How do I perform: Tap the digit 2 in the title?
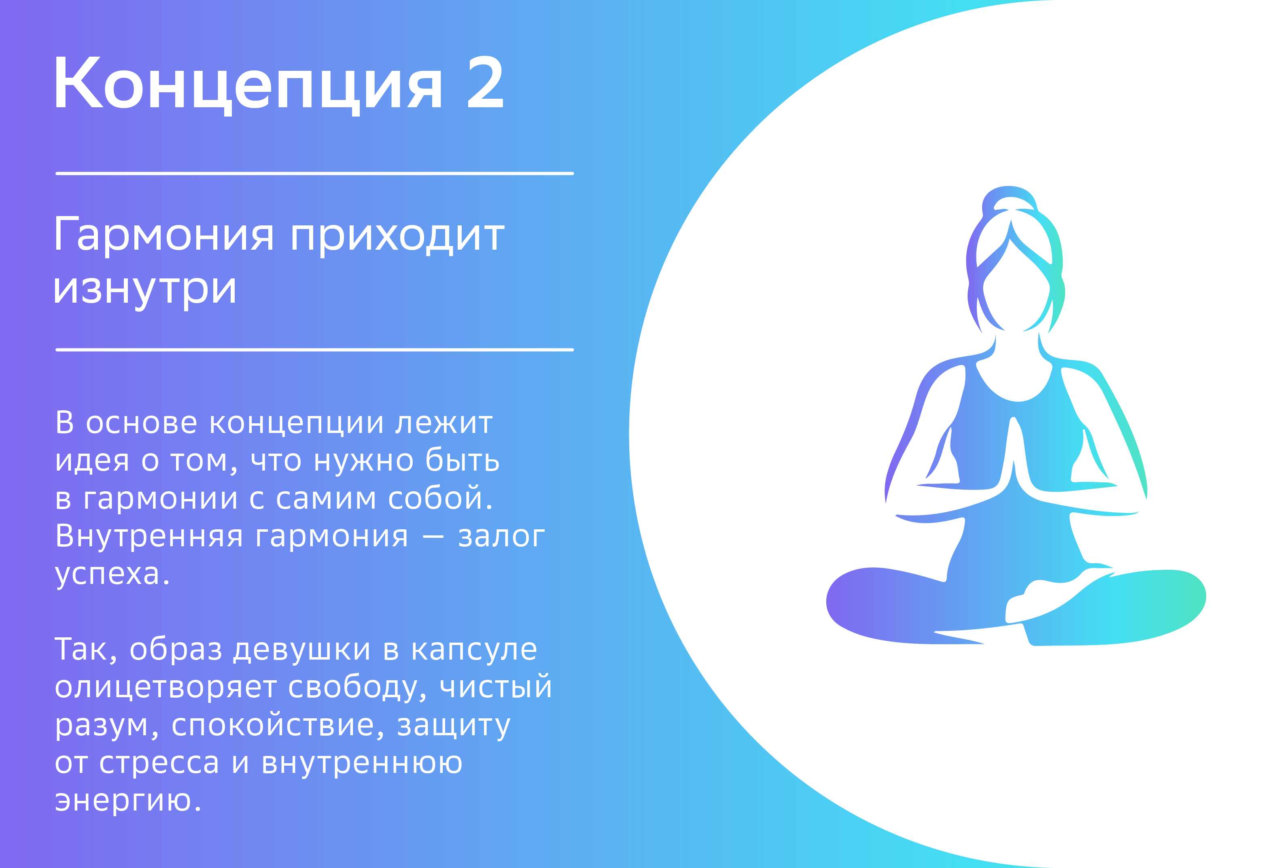pyautogui.click(x=485, y=83)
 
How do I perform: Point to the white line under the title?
pyautogui.click(x=314, y=174)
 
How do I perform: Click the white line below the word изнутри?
pyautogui.click(x=314, y=350)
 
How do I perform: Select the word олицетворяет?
pyautogui.click(x=166, y=688)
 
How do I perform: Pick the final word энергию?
pyautogui.click(x=128, y=802)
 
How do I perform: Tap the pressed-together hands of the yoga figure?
pyautogui.click(x=1013, y=454)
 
